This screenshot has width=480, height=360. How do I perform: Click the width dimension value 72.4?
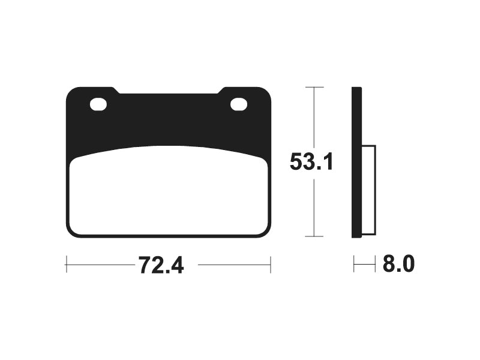[161, 265]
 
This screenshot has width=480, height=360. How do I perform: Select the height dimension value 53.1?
[311, 162]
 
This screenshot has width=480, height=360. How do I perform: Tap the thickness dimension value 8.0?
[398, 263]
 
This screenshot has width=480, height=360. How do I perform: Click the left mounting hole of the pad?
[98, 104]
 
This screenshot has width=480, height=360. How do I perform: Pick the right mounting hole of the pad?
[239, 104]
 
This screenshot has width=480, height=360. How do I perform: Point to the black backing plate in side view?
[356, 162]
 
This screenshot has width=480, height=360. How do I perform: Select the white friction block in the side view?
[369, 190]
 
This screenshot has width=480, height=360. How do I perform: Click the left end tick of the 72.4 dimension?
[67, 265]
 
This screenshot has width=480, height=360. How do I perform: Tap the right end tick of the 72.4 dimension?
[271, 265]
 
